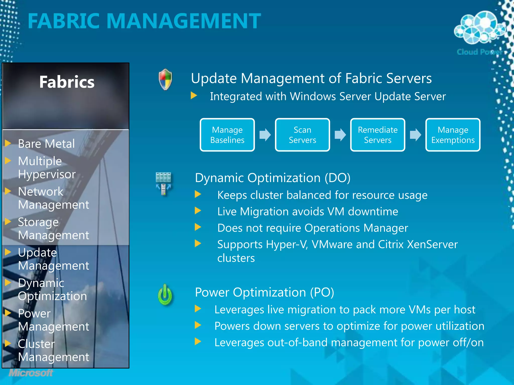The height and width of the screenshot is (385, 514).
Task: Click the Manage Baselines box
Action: pyautogui.click(x=227, y=135)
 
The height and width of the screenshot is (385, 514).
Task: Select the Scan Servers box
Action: pyautogui.click(x=302, y=135)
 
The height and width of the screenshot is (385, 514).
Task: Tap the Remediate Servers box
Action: pyautogui.click(x=377, y=135)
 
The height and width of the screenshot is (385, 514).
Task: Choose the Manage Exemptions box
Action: pyautogui.click(x=453, y=135)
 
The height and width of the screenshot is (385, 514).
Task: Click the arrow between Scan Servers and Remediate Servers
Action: pyautogui.click(x=340, y=135)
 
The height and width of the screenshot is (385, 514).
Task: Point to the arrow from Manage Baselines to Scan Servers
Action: pyautogui.click(x=265, y=135)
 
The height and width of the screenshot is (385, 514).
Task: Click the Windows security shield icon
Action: pyautogui.click(x=165, y=79)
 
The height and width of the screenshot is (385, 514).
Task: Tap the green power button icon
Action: pyautogui.click(x=165, y=295)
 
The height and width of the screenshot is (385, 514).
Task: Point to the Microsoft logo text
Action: pyautogui.click(x=31, y=373)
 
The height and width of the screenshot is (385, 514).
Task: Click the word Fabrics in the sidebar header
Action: pyautogui.click(x=67, y=82)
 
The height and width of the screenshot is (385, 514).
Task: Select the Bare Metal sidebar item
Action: pyautogui.click(x=46, y=144)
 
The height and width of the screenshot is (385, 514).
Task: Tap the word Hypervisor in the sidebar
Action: pyautogui.click(x=47, y=174)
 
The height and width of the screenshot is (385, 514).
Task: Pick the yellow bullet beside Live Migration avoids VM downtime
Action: pyautogui.click(x=198, y=211)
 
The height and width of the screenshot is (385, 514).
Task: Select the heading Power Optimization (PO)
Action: pyautogui.click(x=264, y=292)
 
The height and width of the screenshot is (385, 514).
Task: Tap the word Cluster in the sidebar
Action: pyautogui.click(x=36, y=344)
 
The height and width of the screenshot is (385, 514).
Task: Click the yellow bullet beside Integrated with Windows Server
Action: pyautogui.click(x=194, y=95)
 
